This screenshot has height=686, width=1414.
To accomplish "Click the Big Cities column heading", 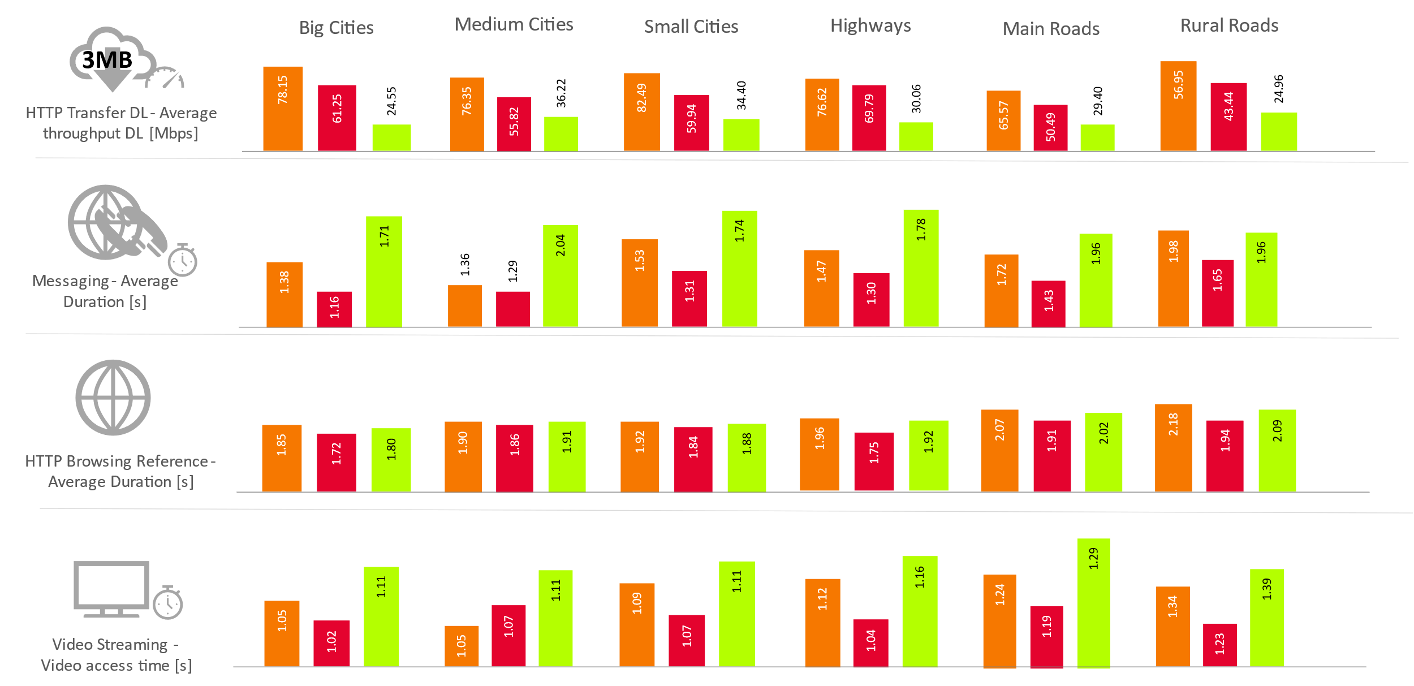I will (x=336, y=28).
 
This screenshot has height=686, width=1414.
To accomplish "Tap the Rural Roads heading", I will (x=1228, y=25).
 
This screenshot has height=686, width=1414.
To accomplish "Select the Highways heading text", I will (x=870, y=25).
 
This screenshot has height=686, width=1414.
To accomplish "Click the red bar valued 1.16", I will (x=334, y=309).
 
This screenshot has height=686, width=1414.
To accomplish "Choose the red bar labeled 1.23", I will (x=1219, y=645).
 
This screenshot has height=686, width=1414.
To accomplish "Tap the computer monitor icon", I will (x=111, y=588).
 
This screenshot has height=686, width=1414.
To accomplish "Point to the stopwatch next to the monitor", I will (x=168, y=603).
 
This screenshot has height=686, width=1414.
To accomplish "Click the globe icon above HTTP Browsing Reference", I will (x=113, y=398).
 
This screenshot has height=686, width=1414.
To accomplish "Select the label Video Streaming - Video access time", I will (x=116, y=655).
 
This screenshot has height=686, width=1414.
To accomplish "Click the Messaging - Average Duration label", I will (x=105, y=291).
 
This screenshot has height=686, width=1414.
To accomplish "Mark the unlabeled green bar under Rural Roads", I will (x=1278, y=132).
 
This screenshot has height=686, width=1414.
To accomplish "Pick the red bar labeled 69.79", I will (x=869, y=118).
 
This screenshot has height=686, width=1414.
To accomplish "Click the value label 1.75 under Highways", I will (x=873, y=452).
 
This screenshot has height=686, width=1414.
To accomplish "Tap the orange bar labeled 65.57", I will (x=1003, y=120).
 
